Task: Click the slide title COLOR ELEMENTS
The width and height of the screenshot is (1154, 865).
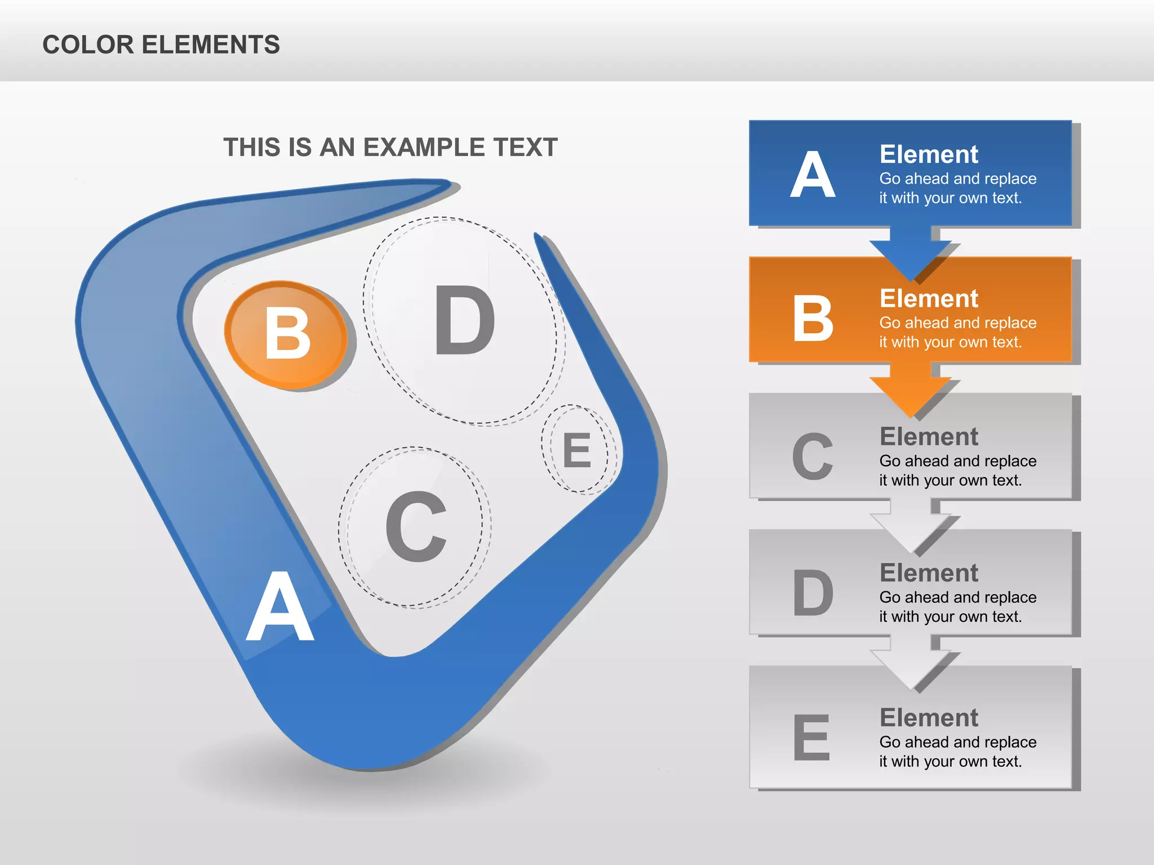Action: pos(161,45)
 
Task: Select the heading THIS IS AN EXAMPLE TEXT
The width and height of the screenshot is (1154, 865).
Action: pos(390,148)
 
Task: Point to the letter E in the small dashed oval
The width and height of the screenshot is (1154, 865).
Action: pos(578,451)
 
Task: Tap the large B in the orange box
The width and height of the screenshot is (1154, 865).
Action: pos(813,319)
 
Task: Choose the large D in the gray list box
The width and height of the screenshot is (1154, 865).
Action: pos(813,592)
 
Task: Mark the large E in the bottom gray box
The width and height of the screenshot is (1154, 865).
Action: pos(811,737)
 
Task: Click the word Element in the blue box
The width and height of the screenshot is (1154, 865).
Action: pos(929,154)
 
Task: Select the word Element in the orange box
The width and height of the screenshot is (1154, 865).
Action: pos(929,298)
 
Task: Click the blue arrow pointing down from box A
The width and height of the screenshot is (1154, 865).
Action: pos(910,254)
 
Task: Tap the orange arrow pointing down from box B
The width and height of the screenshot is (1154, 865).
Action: pos(910,391)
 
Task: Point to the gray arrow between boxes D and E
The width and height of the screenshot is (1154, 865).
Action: pos(910,665)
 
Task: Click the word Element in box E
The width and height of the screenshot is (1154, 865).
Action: pos(929,718)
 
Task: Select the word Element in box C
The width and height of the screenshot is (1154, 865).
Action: pos(929,437)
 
